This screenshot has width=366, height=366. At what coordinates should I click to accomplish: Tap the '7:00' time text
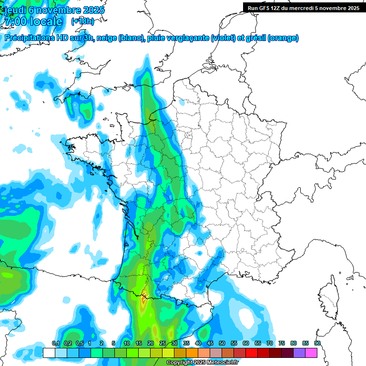click(x=14, y=21)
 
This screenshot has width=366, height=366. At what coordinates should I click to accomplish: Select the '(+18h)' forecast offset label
click(x=82, y=21)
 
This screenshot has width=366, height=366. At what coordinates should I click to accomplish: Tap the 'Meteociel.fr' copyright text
click(x=220, y=363)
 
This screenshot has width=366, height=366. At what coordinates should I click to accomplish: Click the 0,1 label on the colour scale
click(x=55, y=344)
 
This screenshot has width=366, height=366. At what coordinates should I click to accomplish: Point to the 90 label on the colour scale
click(x=317, y=344)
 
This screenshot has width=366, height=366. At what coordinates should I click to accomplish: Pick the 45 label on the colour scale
click(x=210, y=344)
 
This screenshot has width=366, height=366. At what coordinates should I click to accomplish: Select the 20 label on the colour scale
click(x=151, y=344)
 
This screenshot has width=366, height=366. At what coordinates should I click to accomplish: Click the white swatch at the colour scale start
click(x=49, y=353)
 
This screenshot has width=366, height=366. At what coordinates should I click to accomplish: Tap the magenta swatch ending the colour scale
click(x=311, y=353)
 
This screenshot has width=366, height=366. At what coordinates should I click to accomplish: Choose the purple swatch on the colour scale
click(x=299, y=353)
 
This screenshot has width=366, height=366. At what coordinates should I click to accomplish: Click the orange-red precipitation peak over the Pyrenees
click(x=144, y=300)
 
